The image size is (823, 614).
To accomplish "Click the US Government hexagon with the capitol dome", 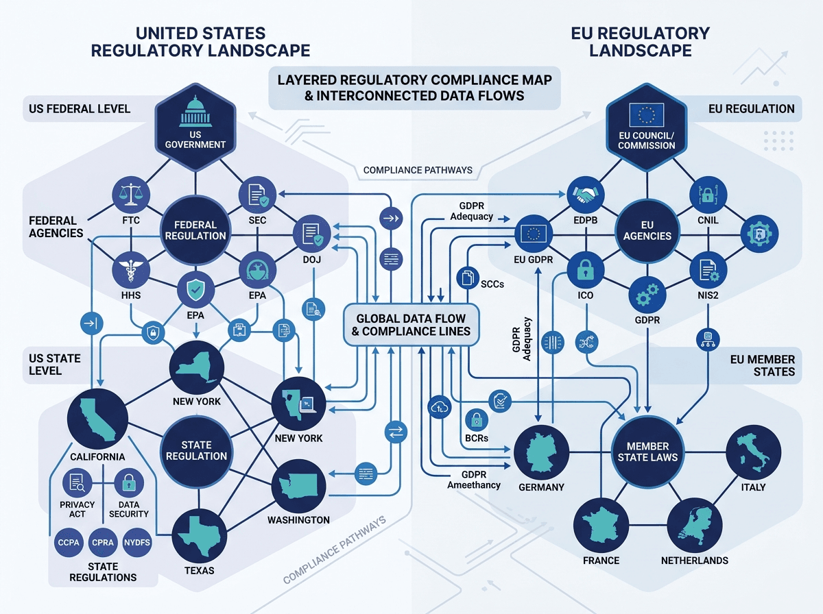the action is click(195, 127).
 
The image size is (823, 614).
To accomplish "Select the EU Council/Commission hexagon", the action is click(647, 127).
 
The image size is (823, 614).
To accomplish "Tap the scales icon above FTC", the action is click(131, 195).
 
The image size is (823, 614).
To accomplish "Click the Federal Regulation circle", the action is click(195, 230).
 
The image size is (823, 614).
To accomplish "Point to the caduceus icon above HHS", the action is click(131, 270).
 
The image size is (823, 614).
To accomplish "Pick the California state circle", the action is click(97, 419).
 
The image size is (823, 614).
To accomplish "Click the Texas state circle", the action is click(199, 536).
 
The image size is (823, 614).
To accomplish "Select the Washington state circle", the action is click(298, 487).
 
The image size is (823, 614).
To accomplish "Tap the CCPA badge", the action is click(69, 542).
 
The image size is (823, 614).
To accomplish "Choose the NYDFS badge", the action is click(137, 542).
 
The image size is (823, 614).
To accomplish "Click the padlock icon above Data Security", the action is click(129, 482).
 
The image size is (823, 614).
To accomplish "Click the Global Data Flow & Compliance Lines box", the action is click(411, 324).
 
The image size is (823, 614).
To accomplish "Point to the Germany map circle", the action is click(541, 452).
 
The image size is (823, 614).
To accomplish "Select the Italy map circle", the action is click(754, 452).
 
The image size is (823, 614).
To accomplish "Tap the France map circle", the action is click(601, 526).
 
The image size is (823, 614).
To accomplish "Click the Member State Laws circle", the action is click(647, 452).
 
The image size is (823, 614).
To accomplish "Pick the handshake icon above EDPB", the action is click(585, 195).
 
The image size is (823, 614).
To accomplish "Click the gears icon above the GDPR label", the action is click(647, 295).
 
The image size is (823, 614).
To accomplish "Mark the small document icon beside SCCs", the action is click(468, 278).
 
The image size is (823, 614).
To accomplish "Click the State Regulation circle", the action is click(196, 451).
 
